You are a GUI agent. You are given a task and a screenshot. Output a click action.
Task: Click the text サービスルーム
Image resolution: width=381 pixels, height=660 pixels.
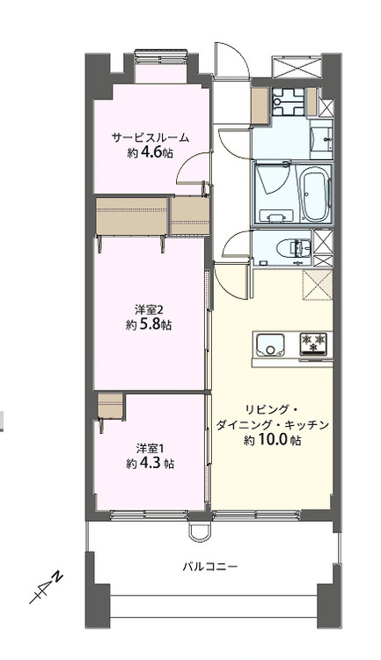(150, 138)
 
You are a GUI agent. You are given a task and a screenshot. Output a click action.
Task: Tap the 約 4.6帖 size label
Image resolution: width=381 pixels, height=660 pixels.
(150, 152)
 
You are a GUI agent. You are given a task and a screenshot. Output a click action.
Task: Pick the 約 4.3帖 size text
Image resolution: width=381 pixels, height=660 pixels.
(150, 463)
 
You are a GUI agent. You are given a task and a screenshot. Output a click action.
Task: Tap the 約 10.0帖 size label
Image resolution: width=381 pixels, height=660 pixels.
(273, 440)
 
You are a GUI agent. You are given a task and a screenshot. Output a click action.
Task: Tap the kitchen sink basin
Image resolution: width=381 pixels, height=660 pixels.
(267, 341)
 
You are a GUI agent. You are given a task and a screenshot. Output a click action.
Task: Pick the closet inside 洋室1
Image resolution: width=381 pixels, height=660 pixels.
(111, 408)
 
